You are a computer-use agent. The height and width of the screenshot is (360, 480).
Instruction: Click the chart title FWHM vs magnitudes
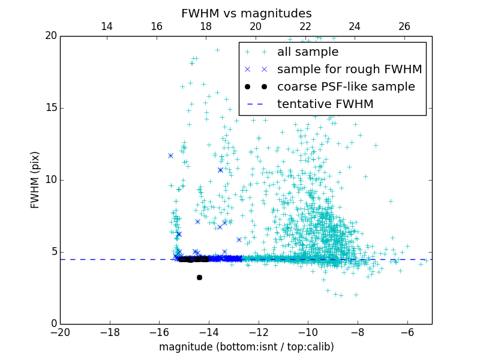(x=246, y=13)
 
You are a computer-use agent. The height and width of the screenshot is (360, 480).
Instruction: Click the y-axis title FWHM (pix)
(x=35, y=180)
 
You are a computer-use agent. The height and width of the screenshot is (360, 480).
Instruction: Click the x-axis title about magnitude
(x=246, y=347)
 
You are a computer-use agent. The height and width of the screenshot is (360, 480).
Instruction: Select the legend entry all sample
(x=307, y=52)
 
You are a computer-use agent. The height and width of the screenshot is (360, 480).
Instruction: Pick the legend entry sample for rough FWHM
(x=349, y=70)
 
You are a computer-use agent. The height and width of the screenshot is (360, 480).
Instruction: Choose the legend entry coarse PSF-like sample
(x=346, y=87)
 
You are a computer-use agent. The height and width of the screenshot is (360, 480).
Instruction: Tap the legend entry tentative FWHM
(x=325, y=104)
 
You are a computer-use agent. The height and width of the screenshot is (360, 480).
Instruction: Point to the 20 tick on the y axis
(x=50, y=36)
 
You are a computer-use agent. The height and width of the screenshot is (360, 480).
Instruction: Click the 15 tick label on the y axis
(x=50, y=108)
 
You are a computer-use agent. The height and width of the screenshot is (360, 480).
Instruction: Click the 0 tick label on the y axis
(x=53, y=324)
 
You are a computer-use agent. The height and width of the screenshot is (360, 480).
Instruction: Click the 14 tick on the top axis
(x=107, y=26)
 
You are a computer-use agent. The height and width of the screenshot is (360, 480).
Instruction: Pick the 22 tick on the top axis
(x=305, y=26)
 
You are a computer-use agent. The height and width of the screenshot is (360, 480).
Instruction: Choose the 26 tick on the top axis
(x=404, y=26)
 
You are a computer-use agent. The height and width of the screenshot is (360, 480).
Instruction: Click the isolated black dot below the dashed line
(x=199, y=277)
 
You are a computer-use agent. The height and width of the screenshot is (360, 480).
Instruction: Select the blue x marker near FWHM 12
(x=170, y=156)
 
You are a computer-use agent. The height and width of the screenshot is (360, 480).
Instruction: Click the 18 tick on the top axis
(x=206, y=26)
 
